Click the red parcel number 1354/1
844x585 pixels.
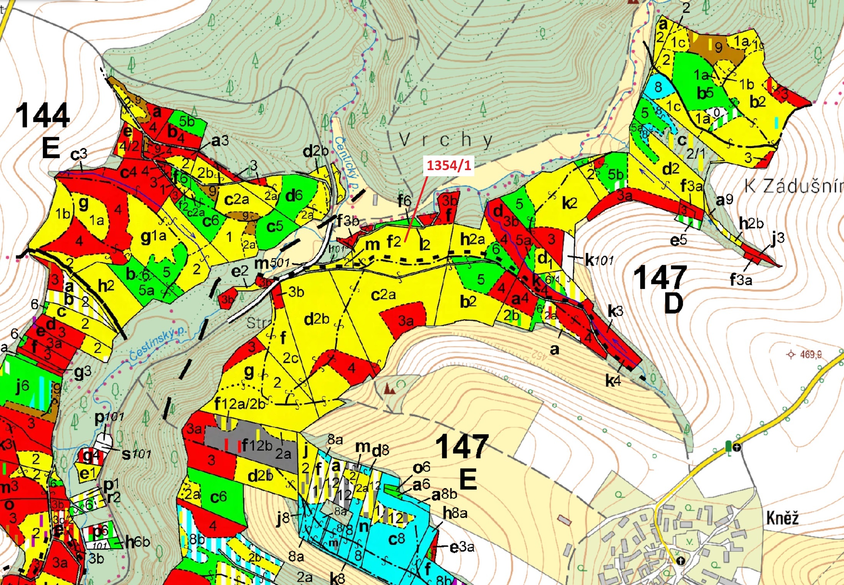click(449, 165)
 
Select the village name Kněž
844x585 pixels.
click(782, 518)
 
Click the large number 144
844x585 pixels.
click(43, 115)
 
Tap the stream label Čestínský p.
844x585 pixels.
click(158, 344)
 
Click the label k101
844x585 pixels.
click(599, 261)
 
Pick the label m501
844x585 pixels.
click(272, 263)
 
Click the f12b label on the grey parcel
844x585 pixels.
click(257, 446)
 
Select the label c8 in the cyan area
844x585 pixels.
click(396, 539)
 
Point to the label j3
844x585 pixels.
click(777, 239)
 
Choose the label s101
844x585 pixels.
click(136, 454)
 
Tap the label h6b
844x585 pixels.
click(137, 542)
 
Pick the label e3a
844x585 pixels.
click(462, 547)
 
